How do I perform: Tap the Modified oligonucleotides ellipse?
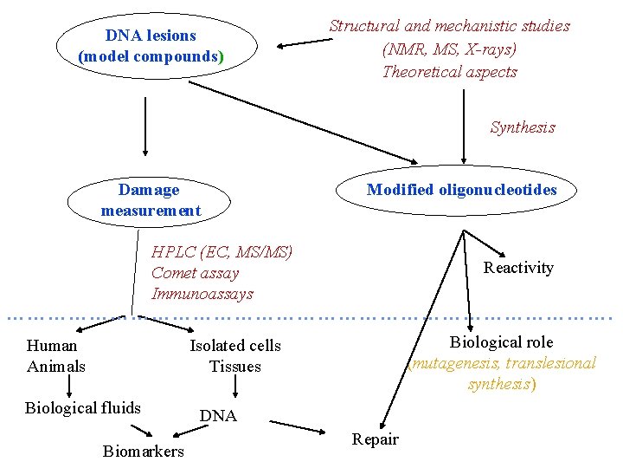(x=461, y=191)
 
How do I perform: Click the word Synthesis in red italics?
(x=522, y=127)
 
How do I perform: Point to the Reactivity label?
(x=517, y=268)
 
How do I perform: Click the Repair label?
(x=375, y=439)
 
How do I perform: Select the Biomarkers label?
(x=143, y=452)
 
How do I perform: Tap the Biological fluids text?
(x=83, y=408)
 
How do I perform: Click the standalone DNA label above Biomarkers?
(x=218, y=416)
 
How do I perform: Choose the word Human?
(x=52, y=346)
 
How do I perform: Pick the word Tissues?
(x=234, y=367)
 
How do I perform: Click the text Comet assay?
(x=195, y=273)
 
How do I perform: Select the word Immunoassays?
(x=202, y=294)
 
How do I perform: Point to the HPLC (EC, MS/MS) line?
(x=222, y=252)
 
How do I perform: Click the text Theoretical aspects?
(x=449, y=72)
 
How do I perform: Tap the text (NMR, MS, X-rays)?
(x=449, y=49)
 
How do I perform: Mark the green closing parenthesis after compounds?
(x=222, y=57)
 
